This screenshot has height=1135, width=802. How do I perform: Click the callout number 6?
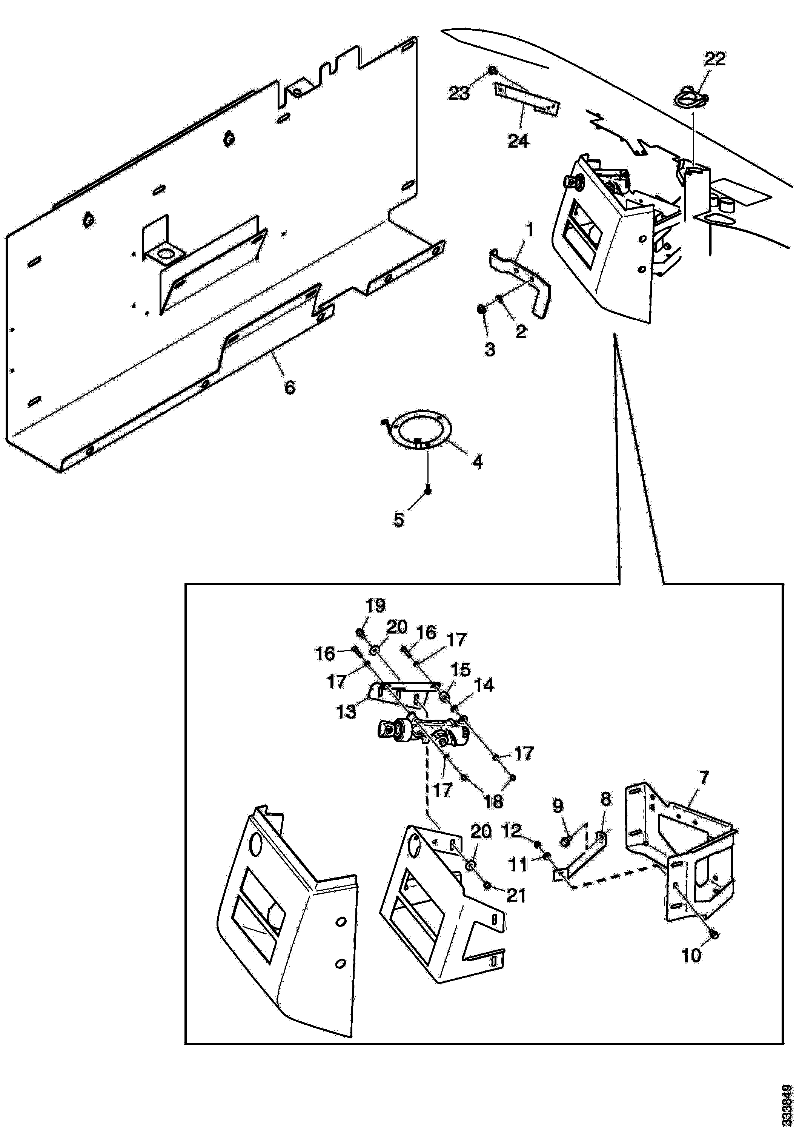pyautogui.click(x=290, y=387)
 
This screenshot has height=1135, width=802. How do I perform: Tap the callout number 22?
pyautogui.click(x=715, y=59)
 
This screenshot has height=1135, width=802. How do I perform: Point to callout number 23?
pyautogui.click(x=459, y=93)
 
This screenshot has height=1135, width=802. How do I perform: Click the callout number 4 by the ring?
pyautogui.click(x=477, y=462)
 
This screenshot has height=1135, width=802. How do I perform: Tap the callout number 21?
pyautogui.click(x=516, y=895)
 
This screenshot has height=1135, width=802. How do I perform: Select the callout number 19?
pyautogui.click(x=375, y=606)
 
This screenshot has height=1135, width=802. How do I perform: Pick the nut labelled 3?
pyautogui.click(x=481, y=310)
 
